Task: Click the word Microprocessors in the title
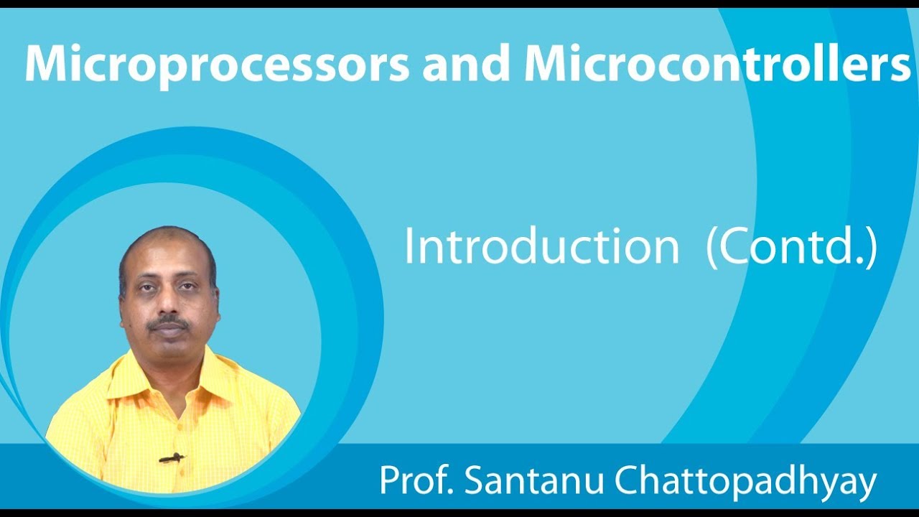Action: [217, 64]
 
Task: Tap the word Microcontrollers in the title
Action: [717, 64]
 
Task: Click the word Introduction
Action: [541, 247]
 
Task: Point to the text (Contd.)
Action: [792, 247]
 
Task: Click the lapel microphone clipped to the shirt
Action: [171, 457]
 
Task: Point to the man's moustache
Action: [169, 324]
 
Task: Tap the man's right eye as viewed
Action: [187, 287]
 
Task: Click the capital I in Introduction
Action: [409, 247]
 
